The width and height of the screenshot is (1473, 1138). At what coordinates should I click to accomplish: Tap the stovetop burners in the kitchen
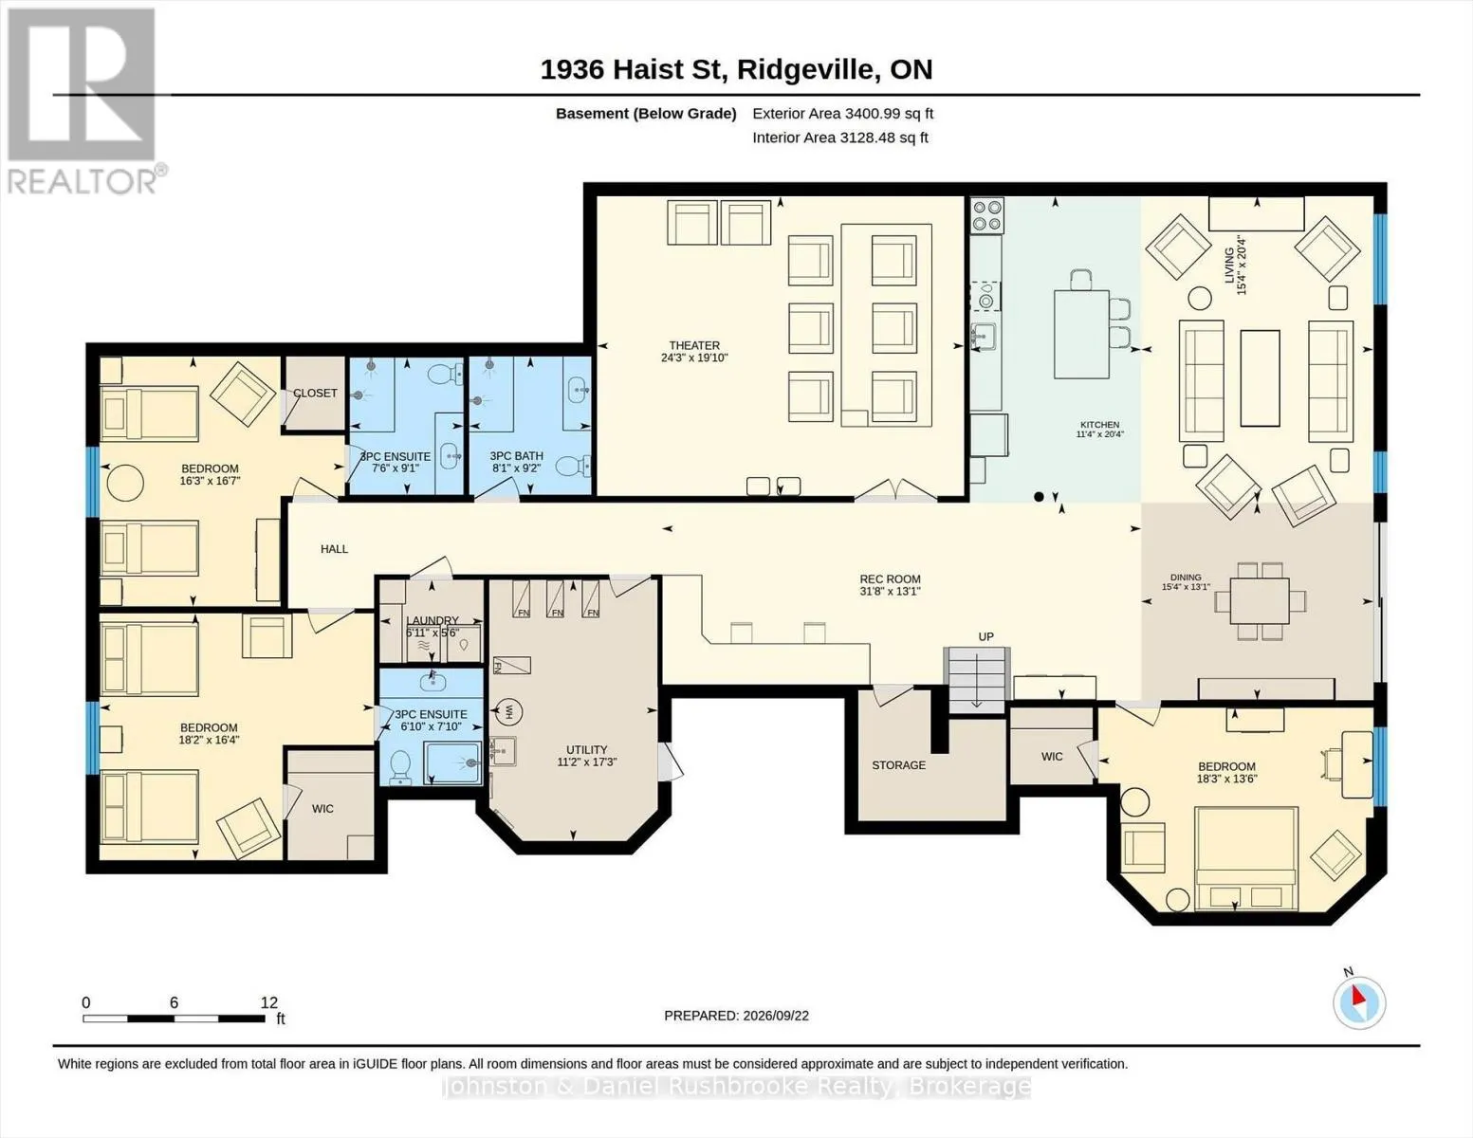(x=987, y=215)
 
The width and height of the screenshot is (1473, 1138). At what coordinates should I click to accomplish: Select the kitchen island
(x=1081, y=334)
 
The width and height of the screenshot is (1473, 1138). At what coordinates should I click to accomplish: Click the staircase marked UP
(x=975, y=680)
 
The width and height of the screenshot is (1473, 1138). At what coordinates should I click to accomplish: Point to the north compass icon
(x=1359, y=1002)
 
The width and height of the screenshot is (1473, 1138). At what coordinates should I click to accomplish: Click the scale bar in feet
(x=175, y=1018)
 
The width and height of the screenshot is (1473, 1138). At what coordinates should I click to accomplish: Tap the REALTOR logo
(x=83, y=101)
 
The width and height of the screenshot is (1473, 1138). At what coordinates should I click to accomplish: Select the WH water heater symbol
(x=509, y=711)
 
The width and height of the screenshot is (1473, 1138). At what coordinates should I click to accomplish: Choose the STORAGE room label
(x=898, y=765)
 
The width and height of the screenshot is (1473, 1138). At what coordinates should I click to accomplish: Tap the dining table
(x=1260, y=601)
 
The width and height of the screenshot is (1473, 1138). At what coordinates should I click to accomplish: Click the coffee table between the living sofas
(x=1261, y=378)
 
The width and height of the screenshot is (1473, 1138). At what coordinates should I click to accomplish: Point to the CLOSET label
(x=315, y=394)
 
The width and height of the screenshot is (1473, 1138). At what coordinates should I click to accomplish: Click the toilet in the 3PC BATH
(x=573, y=466)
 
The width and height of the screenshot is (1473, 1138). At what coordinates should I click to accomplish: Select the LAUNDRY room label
(x=433, y=620)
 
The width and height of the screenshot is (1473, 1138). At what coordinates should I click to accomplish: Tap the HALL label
(x=334, y=549)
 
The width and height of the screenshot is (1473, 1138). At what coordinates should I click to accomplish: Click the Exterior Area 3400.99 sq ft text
(x=842, y=114)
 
